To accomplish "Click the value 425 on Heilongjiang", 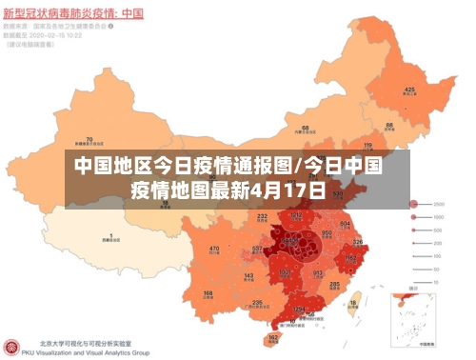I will (409, 90).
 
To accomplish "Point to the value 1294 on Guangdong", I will (300, 310).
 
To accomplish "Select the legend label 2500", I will (440, 204).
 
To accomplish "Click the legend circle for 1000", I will (414, 217).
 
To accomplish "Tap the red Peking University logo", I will (11, 348).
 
